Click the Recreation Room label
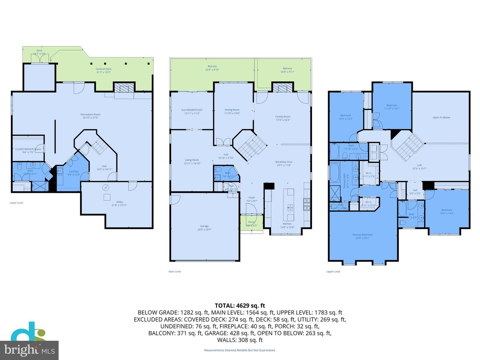(91, 115)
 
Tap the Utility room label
(119, 202)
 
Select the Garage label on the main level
(204, 226)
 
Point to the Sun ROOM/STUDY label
(192, 110)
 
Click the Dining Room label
(232, 110)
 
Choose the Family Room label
(283, 117)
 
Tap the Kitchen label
(287, 224)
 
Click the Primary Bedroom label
(363, 235)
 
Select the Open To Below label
(441, 118)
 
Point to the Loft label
(419, 165)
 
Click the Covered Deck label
(103, 69)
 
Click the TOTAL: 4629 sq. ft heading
(240, 305)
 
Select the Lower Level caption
(16, 203)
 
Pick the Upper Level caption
(333, 272)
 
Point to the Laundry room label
(74, 172)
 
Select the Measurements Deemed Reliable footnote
(240, 350)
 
